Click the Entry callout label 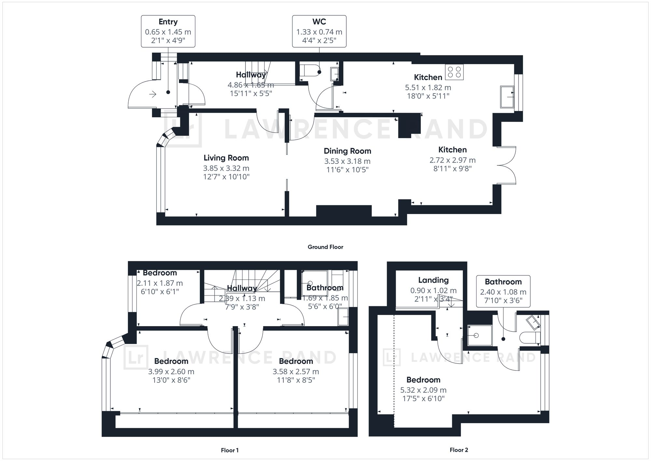tap(168, 22)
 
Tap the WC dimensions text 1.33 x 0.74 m tap(319, 32)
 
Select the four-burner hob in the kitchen tap(454, 72)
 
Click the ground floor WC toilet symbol tap(309, 70)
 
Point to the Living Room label tap(226, 158)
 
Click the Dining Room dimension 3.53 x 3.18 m tap(347, 161)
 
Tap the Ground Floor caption tap(325, 247)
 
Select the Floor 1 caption tap(230, 450)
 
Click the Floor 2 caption tap(459, 450)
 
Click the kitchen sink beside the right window tap(507, 97)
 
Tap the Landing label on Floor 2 tap(433, 280)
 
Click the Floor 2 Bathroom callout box tap(503, 291)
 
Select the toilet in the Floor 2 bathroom tap(530, 338)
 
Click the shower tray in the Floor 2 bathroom tap(480, 335)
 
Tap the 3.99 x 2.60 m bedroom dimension tap(171, 372)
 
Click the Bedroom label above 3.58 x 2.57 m tap(296, 361)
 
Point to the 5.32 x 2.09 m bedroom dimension tap(423, 390)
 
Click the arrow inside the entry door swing tap(153, 94)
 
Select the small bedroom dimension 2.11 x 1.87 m tap(160, 283)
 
